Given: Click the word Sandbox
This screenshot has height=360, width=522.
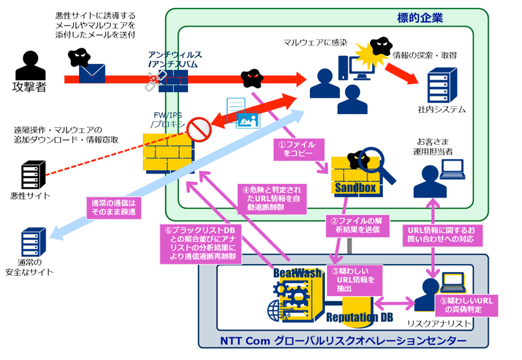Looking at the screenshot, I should point(356,188).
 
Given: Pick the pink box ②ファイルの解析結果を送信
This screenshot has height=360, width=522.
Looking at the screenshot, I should point(357,225).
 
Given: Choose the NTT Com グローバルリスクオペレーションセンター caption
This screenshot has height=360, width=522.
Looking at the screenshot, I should point(343,340).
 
